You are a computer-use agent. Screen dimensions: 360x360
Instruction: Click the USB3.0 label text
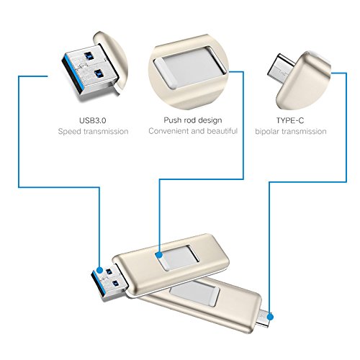93,120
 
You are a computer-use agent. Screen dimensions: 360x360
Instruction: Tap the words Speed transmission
93,132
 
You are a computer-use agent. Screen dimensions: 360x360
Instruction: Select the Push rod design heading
193,120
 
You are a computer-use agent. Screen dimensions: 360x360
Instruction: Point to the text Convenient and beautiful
193,131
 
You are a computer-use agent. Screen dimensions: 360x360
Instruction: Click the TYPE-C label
290,120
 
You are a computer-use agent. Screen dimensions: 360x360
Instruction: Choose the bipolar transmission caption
291,132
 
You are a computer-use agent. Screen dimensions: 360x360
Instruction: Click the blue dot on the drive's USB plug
99,270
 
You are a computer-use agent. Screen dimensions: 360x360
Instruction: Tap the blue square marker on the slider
158,255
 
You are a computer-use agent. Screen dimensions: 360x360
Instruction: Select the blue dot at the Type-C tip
271,317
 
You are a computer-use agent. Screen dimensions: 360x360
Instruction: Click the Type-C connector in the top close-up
281,68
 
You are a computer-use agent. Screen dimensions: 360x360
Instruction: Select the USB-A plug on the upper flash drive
109,282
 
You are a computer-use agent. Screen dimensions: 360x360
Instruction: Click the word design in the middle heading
208,120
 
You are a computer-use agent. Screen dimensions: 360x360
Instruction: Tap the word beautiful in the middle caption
222,131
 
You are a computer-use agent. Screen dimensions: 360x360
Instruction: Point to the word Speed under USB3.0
70,132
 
